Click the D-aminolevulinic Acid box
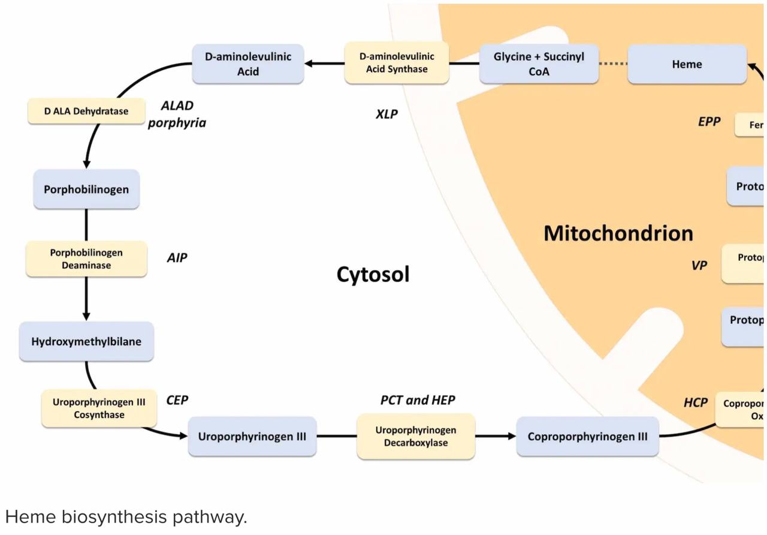point(247,64)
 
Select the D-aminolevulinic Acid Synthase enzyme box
point(397,62)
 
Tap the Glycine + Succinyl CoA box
point(539,64)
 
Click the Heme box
point(687,64)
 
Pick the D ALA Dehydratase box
point(86,111)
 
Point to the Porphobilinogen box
point(86,190)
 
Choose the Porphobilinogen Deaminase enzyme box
point(86,259)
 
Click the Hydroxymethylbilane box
point(86,341)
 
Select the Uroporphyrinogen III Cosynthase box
point(99,408)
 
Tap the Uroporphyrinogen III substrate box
point(252,436)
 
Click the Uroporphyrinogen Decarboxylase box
point(416,436)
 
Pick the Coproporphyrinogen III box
point(587,436)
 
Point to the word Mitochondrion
point(618,233)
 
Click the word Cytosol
point(373,274)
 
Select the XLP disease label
point(386,114)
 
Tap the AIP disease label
point(177,258)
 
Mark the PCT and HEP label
point(418,400)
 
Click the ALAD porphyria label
point(177,114)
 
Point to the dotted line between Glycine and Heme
point(612,64)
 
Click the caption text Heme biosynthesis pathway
point(126,517)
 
